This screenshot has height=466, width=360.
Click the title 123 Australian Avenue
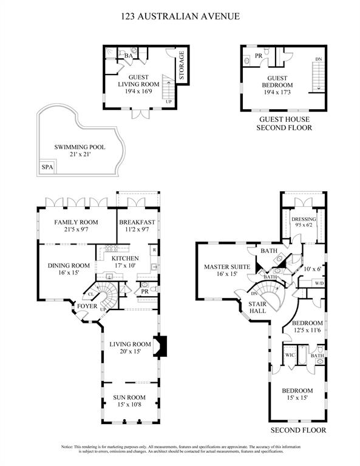coord(180,16)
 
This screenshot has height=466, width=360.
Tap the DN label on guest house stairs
coord(318,59)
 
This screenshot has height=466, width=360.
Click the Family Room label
coord(76,223)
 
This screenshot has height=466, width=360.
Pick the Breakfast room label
coord(137,223)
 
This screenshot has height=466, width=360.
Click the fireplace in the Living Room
coord(160,345)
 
